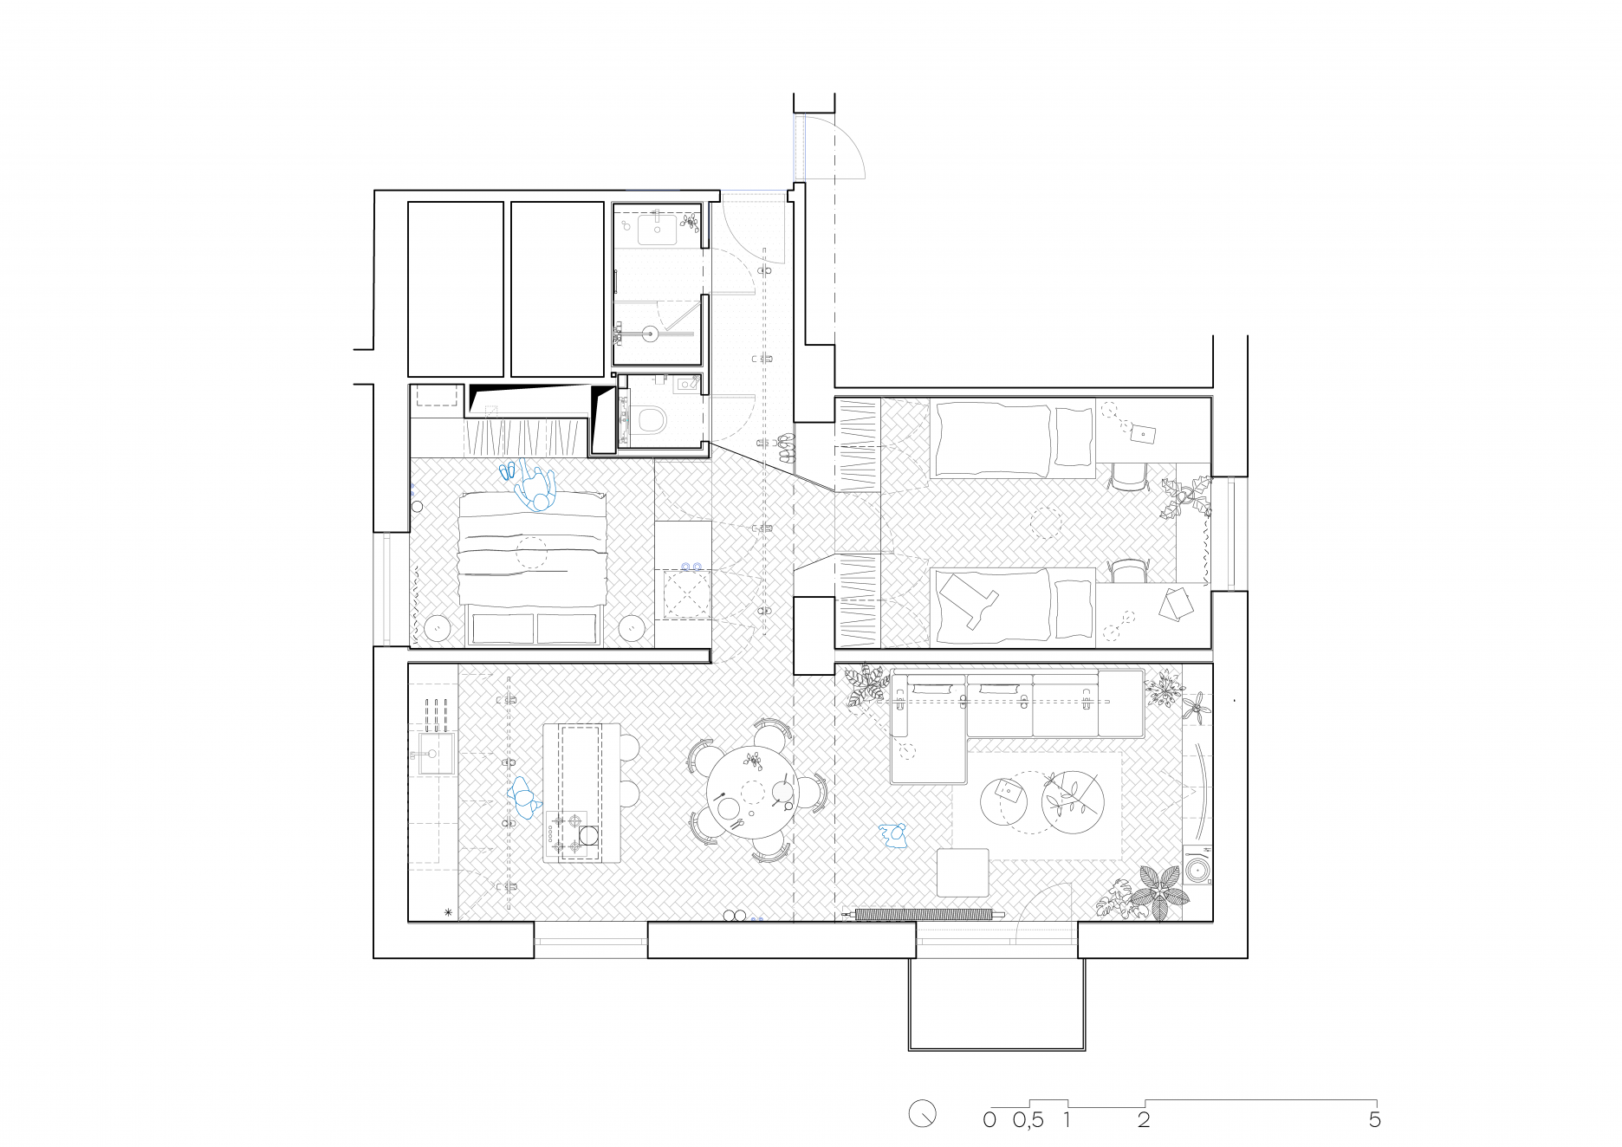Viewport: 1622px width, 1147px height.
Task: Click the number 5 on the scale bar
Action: coord(1374,1119)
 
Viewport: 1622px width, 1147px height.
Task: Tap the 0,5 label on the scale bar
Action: coord(1028,1120)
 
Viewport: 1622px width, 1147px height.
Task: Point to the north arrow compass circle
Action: coord(923,1114)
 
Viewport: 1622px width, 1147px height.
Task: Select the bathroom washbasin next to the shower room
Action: coord(657,230)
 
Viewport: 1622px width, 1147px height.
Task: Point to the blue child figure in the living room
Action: coord(892,835)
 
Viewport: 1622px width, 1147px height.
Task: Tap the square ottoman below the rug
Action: coord(963,872)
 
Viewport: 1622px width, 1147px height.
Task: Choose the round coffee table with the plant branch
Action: coord(1073,800)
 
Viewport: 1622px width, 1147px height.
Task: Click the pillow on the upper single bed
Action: coord(1074,437)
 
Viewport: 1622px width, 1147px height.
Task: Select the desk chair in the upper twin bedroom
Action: coord(1128,476)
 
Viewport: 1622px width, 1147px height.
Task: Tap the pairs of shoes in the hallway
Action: coord(786,448)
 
